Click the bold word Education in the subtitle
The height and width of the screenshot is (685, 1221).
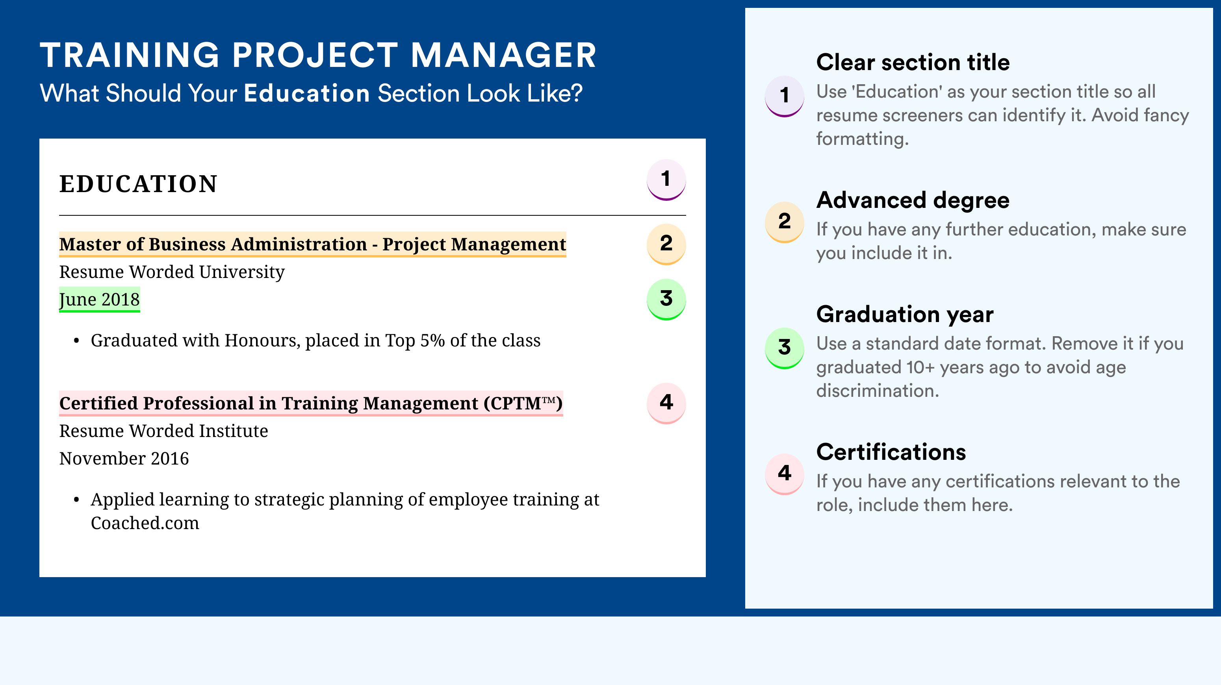click(307, 93)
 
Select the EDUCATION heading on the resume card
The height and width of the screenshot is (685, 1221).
click(138, 184)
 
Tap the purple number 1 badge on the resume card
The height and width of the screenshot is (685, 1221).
click(666, 180)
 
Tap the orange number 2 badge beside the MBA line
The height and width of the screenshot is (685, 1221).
click(666, 244)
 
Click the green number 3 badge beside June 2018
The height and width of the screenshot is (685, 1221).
click(666, 299)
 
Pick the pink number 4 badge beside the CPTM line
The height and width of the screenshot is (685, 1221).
click(666, 403)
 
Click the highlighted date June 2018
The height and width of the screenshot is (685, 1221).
click(100, 299)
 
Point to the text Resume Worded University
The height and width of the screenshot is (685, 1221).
click(172, 272)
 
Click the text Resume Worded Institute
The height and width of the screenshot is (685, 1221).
click(163, 431)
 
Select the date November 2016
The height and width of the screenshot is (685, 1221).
click(124, 459)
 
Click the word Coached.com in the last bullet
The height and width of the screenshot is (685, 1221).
click(145, 523)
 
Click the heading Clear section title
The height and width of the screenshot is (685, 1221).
click(913, 62)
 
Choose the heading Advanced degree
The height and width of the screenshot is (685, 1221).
click(913, 200)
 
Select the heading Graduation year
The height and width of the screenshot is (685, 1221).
click(905, 314)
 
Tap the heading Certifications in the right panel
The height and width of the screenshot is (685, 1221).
click(891, 452)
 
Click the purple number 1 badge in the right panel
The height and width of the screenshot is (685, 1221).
click(785, 96)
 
